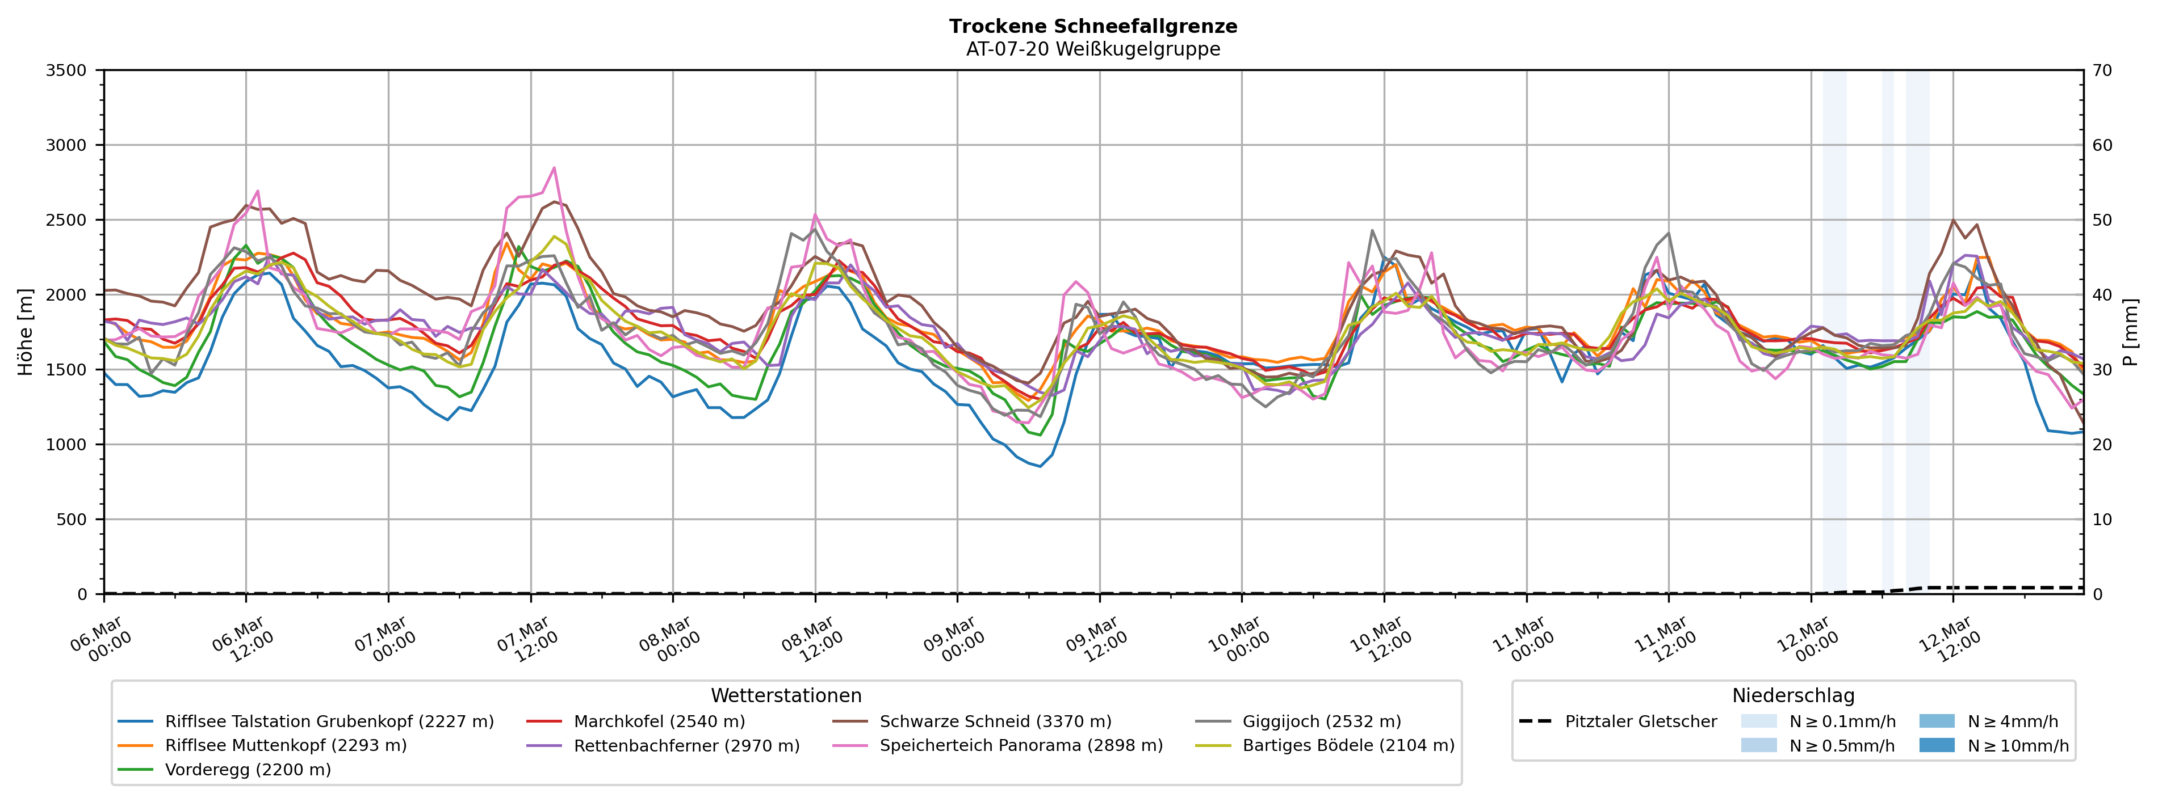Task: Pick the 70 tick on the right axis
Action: [x=2102, y=70]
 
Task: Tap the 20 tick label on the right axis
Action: [x=2102, y=445]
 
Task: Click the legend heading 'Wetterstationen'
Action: [x=786, y=696]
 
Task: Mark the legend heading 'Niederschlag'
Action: [x=1793, y=696]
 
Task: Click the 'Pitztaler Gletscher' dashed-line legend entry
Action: [x=1640, y=721]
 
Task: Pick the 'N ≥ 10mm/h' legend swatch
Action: [x=1936, y=745]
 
